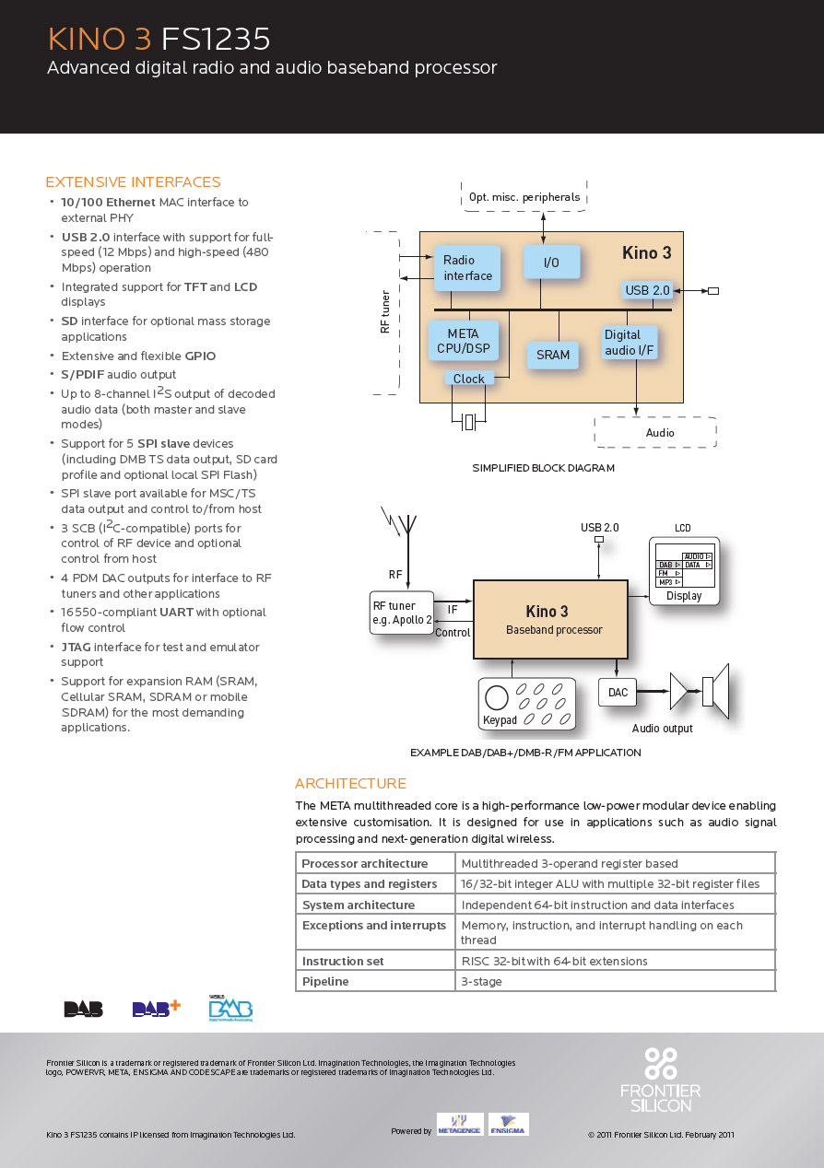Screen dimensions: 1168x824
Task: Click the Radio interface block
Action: point(467,268)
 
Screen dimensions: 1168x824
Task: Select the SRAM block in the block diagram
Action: point(553,355)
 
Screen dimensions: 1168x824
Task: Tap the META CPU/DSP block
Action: point(463,341)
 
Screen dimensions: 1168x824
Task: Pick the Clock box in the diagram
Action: point(469,379)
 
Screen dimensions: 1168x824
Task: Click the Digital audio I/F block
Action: point(630,343)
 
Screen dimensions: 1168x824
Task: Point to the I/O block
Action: point(551,263)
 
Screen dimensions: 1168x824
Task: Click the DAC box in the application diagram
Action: point(618,693)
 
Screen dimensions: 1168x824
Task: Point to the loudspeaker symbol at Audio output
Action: point(714,691)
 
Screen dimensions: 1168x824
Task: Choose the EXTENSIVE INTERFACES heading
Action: point(134,182)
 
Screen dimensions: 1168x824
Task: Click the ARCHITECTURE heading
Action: point(350,784)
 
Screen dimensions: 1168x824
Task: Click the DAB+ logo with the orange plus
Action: point(156,1009)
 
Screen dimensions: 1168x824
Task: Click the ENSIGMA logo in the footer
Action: point(508,1126)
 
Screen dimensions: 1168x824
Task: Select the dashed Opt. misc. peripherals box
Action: point(524,197)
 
